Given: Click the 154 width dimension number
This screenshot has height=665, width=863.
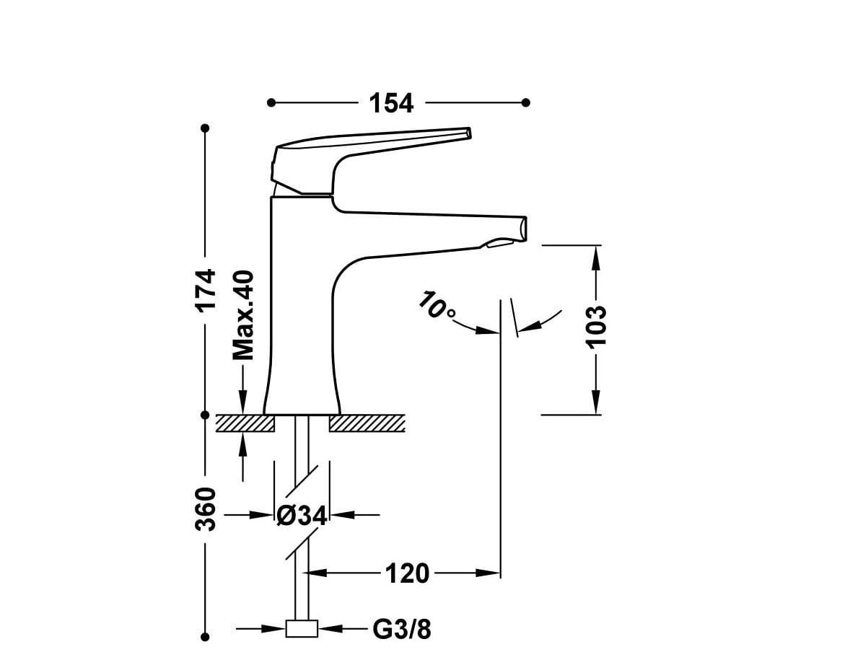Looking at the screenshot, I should (391, 103).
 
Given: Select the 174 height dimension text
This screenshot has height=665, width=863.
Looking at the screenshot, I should (207, 289).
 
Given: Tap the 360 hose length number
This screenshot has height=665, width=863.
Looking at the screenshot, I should (206, 509).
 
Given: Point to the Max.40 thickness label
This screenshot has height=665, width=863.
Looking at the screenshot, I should (244, 315).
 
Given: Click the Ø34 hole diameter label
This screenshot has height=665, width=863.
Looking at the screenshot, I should (302, 515).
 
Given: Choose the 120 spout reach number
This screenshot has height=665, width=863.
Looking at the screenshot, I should (406, 574).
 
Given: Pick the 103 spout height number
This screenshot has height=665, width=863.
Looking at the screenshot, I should (596, 326).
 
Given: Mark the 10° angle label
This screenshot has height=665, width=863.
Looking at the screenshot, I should (437, 306).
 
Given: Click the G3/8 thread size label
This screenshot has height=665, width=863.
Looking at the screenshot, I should (402, 630).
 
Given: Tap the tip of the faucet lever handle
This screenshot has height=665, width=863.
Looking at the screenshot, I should (468, 133).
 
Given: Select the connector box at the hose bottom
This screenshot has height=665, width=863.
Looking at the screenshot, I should (302, 629).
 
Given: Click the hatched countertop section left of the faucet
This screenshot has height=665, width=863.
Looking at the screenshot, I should (245, 423).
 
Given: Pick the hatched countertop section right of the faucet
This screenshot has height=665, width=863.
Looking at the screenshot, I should (367, 423).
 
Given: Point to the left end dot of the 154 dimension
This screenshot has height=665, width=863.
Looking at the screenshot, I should (271, 102).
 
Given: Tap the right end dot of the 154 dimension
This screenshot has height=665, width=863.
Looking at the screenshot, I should (526, 102).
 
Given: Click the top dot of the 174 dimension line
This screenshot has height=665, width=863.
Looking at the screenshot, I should (205, 128).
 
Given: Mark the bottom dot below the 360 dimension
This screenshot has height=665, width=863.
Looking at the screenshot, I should (205, 637).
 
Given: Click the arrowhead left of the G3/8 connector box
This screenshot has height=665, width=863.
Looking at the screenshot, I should (277, 629).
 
